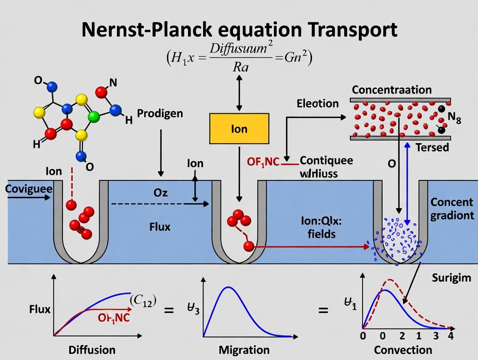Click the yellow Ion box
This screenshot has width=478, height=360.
click(x=239, y=129)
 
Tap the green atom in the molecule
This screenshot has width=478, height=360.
click(x=93, y=116)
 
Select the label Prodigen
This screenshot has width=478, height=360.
click(x=160, y=114)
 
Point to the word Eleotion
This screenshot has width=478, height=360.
click(x=317, y=103)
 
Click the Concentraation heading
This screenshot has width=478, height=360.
click(x=391, y=90)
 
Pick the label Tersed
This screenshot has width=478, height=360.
click(x=432, y=148)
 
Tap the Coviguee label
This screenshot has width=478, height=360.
click(x=29, y=189)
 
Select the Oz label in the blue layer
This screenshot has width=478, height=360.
click(x=161, y=193)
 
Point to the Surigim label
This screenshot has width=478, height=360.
click(x=451, y=277)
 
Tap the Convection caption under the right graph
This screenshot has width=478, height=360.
click(x=403, y=350)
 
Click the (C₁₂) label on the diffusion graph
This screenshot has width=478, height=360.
click(x=143, y=300)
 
